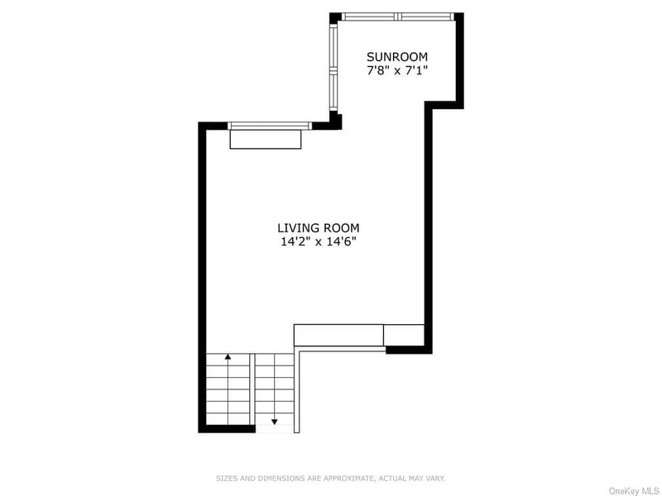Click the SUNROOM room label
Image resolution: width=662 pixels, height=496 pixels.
[x=397, y=56]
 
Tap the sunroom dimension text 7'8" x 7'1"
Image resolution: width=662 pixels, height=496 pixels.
[x=397, y=70]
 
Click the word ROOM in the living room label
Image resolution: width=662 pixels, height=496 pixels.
[x=340, y=228]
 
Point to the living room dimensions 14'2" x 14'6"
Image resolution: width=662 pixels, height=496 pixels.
[x=319, y=241]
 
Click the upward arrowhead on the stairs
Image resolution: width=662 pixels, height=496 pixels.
[x=228, y=357]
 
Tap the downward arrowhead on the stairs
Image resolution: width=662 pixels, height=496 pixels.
[x=275, y=422]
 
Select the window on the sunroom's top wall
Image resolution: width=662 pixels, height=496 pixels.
[x=398, y=17]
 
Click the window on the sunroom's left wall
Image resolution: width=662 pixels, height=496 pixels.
[x=333, y=68]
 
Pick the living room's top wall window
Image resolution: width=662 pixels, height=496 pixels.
[x=270, y=126]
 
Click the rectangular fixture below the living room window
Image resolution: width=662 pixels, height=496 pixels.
[x=266, y=139]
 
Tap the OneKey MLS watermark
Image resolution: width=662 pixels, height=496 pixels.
[x=634, y=491]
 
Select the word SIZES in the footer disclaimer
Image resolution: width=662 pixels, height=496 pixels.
[x=227, y=479]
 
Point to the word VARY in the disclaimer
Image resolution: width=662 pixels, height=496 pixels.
[x=435, y=479]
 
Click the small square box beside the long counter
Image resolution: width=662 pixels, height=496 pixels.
[x=404, y=335]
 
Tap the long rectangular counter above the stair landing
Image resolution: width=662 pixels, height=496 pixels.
[x=338, y=335]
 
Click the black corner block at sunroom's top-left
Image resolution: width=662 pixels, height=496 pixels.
[x=335, y=17]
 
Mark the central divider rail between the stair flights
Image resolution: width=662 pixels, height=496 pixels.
[x=252, y=389]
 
